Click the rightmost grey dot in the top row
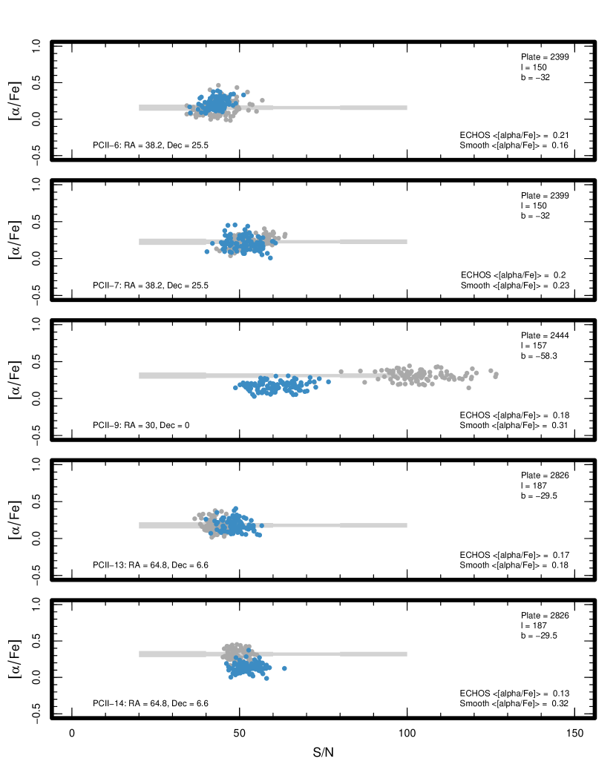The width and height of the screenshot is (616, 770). point(262,100)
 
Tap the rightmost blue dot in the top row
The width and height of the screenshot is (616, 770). point(243,95)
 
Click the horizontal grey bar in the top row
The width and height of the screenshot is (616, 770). point(334,108)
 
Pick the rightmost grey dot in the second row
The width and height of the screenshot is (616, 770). point(285,234)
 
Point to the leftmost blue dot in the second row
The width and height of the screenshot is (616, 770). point(207,251)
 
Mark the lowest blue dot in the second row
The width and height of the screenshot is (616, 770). point(270,257)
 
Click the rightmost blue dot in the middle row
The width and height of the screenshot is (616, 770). point(328,381)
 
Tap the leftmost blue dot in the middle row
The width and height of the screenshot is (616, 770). point(236,387)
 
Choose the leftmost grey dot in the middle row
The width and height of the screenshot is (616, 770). point(341,371)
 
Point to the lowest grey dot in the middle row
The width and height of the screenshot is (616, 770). point(468,387)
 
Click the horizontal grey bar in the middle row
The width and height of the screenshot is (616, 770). point(171,375)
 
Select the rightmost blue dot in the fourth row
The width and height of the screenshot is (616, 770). point(261,526)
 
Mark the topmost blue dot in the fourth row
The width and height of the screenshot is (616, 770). point(235,508)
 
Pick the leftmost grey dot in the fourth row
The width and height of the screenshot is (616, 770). point(195,519)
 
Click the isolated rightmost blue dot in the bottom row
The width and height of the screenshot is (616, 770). point(284,668)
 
